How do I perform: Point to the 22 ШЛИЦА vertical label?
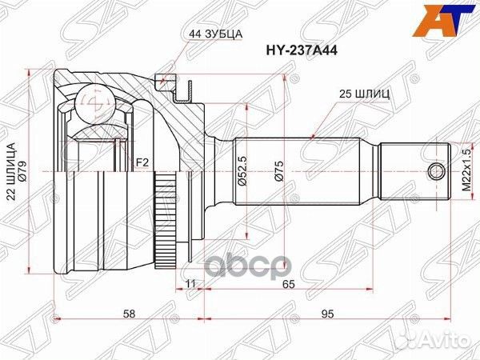pyautogui.click(x=10, y=172)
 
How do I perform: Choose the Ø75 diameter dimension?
pyautogui.click(x=278, y=174)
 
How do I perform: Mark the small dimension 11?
pyautogui.click(x=190, y=283)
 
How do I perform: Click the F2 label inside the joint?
pyautogui.click(x=142, y=163)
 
